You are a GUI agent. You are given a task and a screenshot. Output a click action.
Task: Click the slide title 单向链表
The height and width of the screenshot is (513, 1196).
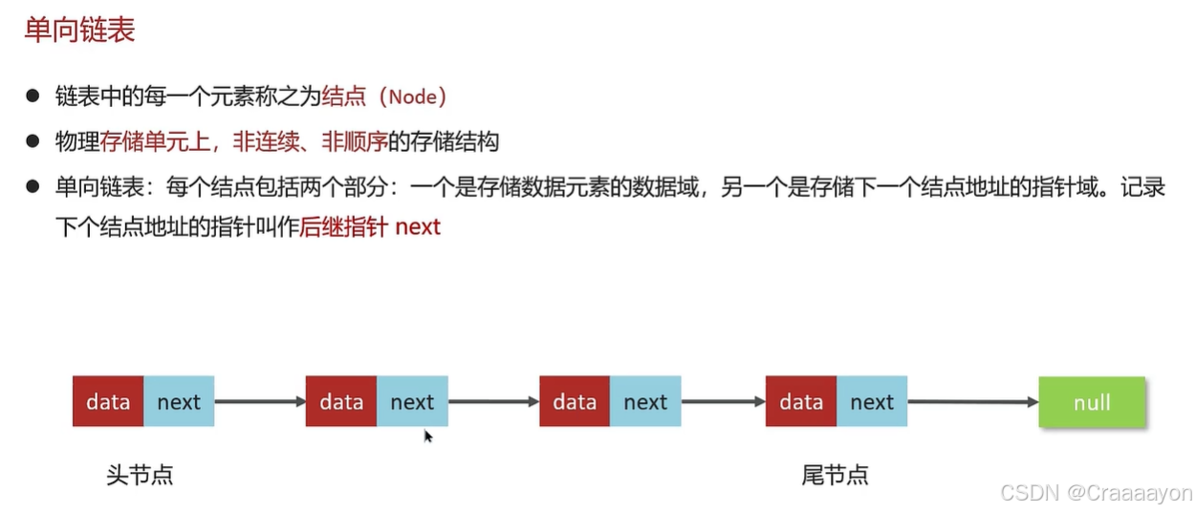click(79, 30)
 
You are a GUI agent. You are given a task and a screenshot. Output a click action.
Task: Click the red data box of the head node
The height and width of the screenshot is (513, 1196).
click(108, 401)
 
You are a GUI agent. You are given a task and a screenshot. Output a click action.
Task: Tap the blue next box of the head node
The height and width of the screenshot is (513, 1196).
click(179, 401)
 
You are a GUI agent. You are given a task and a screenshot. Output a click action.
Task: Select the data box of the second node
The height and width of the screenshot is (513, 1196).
click(341, 401)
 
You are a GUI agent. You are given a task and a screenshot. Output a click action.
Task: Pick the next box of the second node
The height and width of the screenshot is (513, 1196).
click(412, 401)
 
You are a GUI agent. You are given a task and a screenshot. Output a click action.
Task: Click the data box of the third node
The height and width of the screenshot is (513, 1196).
click(575, 401)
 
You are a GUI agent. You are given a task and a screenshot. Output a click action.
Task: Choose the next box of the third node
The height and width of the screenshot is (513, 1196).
click(645, 401)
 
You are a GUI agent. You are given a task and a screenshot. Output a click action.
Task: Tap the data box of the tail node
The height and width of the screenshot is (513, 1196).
click(801, 401)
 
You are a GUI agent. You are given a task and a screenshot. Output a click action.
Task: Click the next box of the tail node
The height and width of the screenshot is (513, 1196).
click(872, 401)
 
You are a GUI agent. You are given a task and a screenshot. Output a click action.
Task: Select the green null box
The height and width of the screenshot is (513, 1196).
click(1092, 401)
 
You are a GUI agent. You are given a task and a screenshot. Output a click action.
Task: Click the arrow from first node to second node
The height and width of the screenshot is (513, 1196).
click(260, 401)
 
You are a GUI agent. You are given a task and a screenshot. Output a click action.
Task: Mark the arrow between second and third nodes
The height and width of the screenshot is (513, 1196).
click(493, 401)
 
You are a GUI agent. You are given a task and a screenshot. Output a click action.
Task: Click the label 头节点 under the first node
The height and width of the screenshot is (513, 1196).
click(140, 475)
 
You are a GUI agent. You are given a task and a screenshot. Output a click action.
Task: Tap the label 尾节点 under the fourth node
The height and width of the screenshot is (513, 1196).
click(835, 475)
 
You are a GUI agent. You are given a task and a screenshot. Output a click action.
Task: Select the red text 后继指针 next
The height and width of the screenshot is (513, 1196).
click(370, 227)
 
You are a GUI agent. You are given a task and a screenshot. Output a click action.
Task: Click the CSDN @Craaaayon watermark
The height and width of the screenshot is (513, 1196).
click(1096, 493)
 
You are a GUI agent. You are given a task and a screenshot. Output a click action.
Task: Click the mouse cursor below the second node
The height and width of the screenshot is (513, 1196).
click(428, 437)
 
